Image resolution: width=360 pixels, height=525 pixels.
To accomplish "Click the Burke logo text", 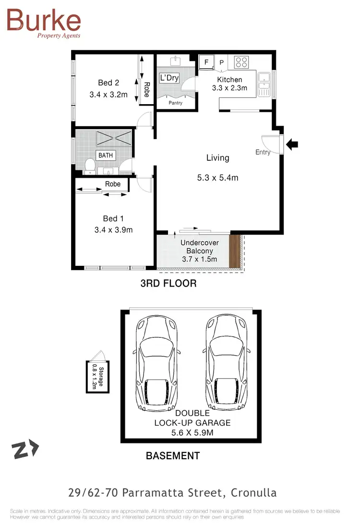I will [44, 20].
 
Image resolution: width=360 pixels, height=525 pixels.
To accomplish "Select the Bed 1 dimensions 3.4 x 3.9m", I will [113, 230].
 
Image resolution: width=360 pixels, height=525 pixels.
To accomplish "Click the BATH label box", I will [106, 155].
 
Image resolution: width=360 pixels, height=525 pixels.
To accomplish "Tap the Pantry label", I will [175, 103].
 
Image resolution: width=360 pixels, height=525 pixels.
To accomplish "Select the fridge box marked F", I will [206, 62].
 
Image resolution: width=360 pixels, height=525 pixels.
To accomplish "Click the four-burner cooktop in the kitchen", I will [241, 62].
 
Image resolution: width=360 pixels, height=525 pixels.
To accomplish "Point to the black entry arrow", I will [292, 143].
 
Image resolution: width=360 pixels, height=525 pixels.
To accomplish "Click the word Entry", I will [263, 152].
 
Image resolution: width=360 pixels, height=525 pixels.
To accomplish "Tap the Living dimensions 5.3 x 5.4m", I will [217, 178].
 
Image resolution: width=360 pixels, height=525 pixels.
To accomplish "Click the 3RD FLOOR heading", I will [168, 284].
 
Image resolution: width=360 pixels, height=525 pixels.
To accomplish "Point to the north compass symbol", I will [25, 450].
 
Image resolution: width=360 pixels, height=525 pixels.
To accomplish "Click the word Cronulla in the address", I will [253, 493].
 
